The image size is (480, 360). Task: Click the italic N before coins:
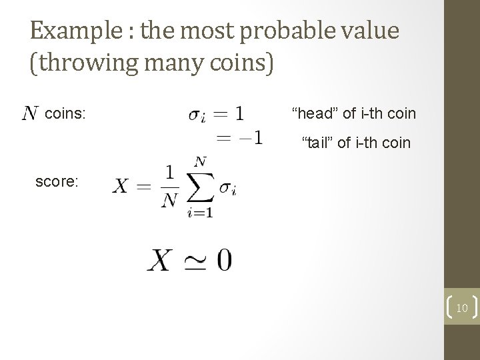[29, 114]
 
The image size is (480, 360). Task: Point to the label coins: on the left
[65, 114]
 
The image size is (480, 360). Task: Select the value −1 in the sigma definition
[250, 137]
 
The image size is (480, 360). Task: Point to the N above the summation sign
[199, 161]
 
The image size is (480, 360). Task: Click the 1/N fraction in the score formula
[169, 186]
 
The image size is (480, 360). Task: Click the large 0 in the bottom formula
[223, 261]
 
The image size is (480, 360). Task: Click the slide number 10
[461, 307]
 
